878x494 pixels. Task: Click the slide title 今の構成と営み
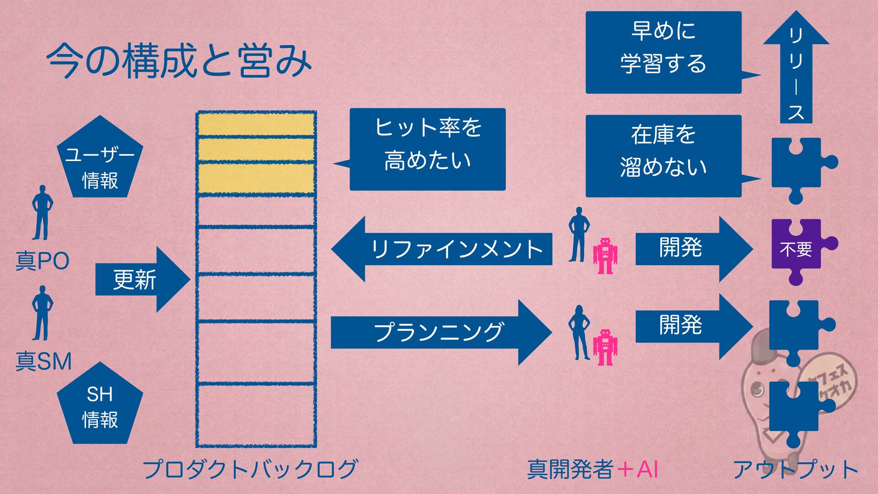(x=179, y=61)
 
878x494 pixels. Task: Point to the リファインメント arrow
(x=441, y=249)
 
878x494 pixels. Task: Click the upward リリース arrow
(x=796, y=69)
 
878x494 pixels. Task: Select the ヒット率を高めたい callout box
(x=427, y=149)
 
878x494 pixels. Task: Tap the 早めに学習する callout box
(x=663, y=52)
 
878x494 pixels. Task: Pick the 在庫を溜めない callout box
(x=663, y=156)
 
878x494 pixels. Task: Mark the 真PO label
(x=42, y=261)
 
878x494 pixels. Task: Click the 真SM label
(x=43, y=361)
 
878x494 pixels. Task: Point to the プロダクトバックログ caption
(x=250, y=469)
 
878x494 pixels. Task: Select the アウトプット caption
(x=796, y=469)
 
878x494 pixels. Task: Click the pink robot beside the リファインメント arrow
(x=605, y=256)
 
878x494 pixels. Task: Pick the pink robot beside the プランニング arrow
(x=605, y=347)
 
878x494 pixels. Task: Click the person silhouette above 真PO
(x=42, y=213)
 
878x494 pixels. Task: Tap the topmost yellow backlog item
(x=256, y=124)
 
